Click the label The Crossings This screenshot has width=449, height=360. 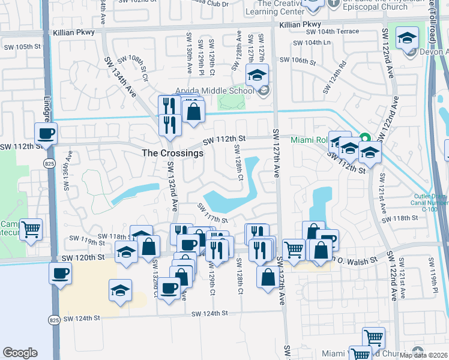point(172,153)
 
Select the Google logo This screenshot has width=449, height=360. point(20,353)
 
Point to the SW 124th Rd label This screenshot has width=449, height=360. point(335,76)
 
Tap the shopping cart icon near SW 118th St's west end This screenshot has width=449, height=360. point(31,229)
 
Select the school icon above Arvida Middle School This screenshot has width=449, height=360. point(258,75)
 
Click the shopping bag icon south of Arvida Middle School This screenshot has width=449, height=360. point(194,111)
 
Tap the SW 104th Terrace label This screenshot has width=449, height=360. point(333,32)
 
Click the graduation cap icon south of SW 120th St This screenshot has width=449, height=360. point(121,290)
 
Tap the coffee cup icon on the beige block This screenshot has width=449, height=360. point(60,274)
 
